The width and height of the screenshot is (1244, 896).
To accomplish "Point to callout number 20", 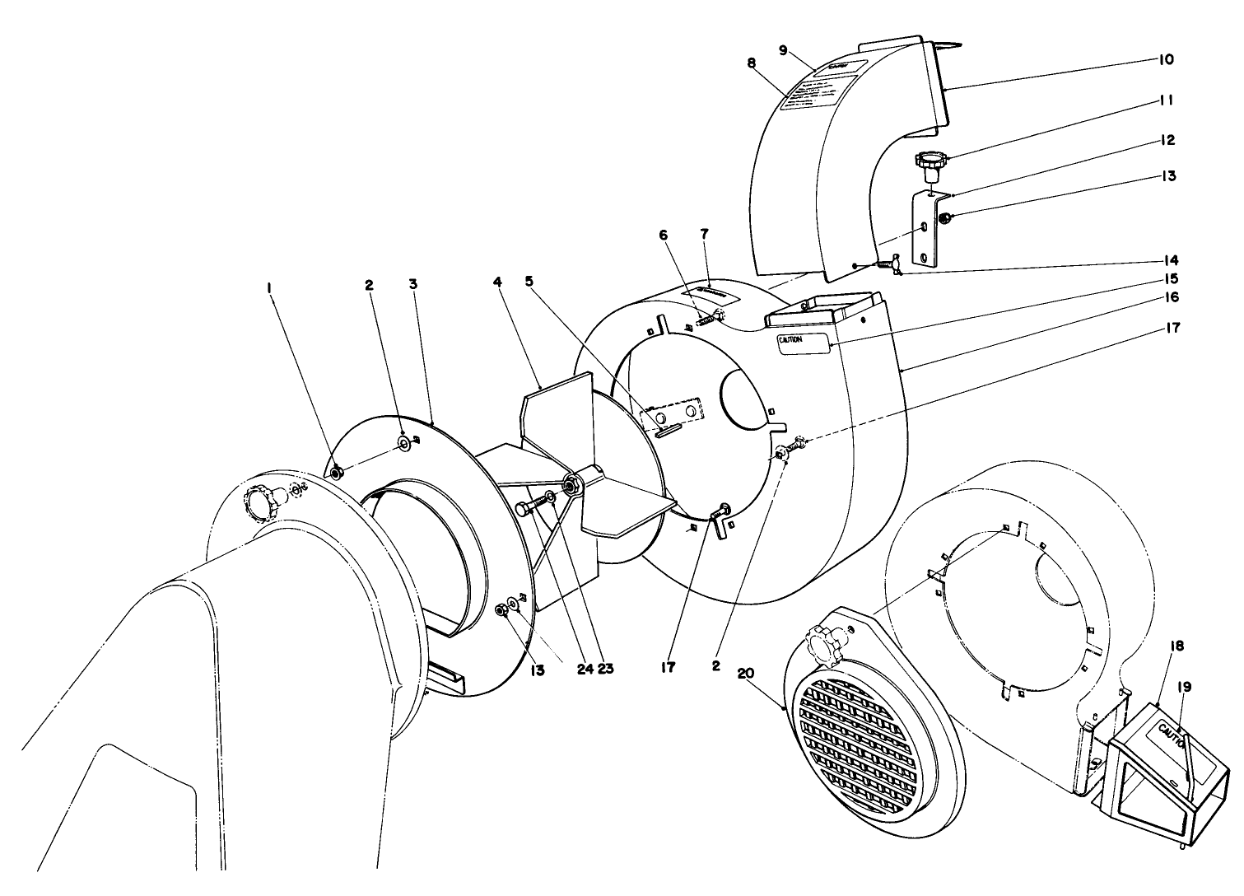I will (746, 673).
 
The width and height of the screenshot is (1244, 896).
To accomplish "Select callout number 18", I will (1176, 646).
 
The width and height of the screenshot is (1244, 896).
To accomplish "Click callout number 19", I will (1185, 686).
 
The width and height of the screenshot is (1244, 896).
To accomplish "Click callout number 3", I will (413, 284).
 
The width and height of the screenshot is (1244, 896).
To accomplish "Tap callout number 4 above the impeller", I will (496, 281).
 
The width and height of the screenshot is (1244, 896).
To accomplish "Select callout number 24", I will (585, 669).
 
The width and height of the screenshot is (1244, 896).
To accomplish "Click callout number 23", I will (605, 669).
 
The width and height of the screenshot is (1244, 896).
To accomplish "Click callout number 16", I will (1172, 296).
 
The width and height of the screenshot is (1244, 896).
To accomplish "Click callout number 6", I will (664, 235).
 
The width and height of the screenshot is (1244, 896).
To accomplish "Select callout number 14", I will (1172, 258).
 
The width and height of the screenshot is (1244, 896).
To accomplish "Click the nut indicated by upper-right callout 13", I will (946, 218).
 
